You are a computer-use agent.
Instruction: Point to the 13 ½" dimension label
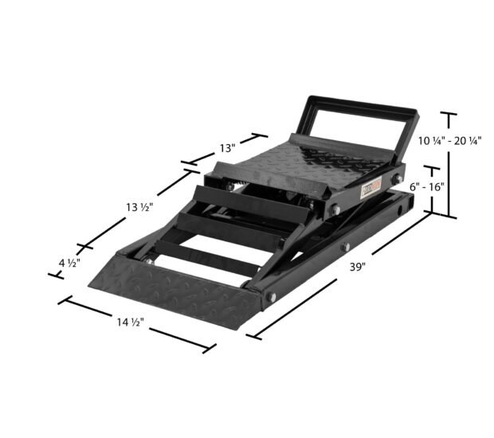(137, 207)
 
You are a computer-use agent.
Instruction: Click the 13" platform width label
(227, 148)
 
